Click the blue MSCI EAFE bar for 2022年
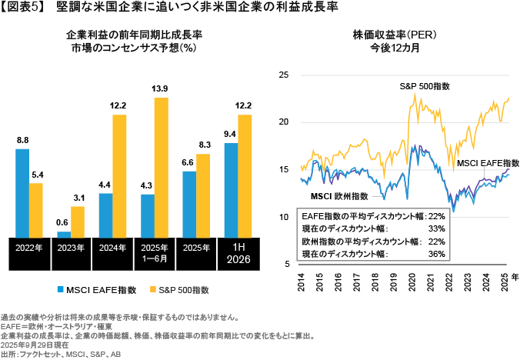click(22, 192)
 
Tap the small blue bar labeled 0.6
click(64, 234)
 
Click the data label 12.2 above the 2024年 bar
click(118, 105)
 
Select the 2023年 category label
click(71, 248)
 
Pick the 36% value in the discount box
click(436, 253)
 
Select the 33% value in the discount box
click(436, 228)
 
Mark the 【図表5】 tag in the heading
click(22, 8)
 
